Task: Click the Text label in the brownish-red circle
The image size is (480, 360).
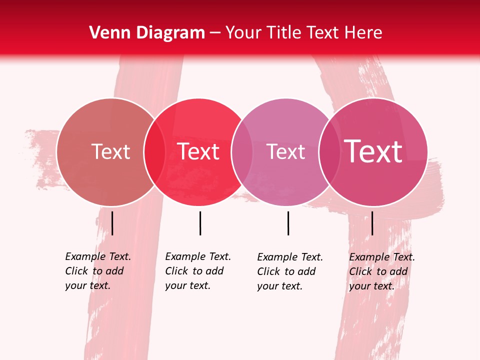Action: [110, 151]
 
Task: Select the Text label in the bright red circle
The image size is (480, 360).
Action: [198, 151]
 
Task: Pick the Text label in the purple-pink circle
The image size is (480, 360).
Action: [285, 151]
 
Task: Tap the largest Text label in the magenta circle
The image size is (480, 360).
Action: [373, 151]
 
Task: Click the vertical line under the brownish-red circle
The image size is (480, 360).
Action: [112, 223]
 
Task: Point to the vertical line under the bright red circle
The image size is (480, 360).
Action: [200, 223]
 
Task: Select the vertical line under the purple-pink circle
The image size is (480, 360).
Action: [288, 223]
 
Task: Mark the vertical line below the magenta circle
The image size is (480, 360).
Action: [372, 223]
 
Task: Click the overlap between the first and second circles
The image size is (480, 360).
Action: [154, 151]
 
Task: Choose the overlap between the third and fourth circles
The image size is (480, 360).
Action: [328, 151]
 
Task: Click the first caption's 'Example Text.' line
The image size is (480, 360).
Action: [98, 256]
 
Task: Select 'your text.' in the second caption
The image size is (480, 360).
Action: [187, 285]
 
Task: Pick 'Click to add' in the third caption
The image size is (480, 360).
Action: [286, 271]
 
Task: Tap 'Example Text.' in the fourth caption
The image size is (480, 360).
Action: [382, 257]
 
